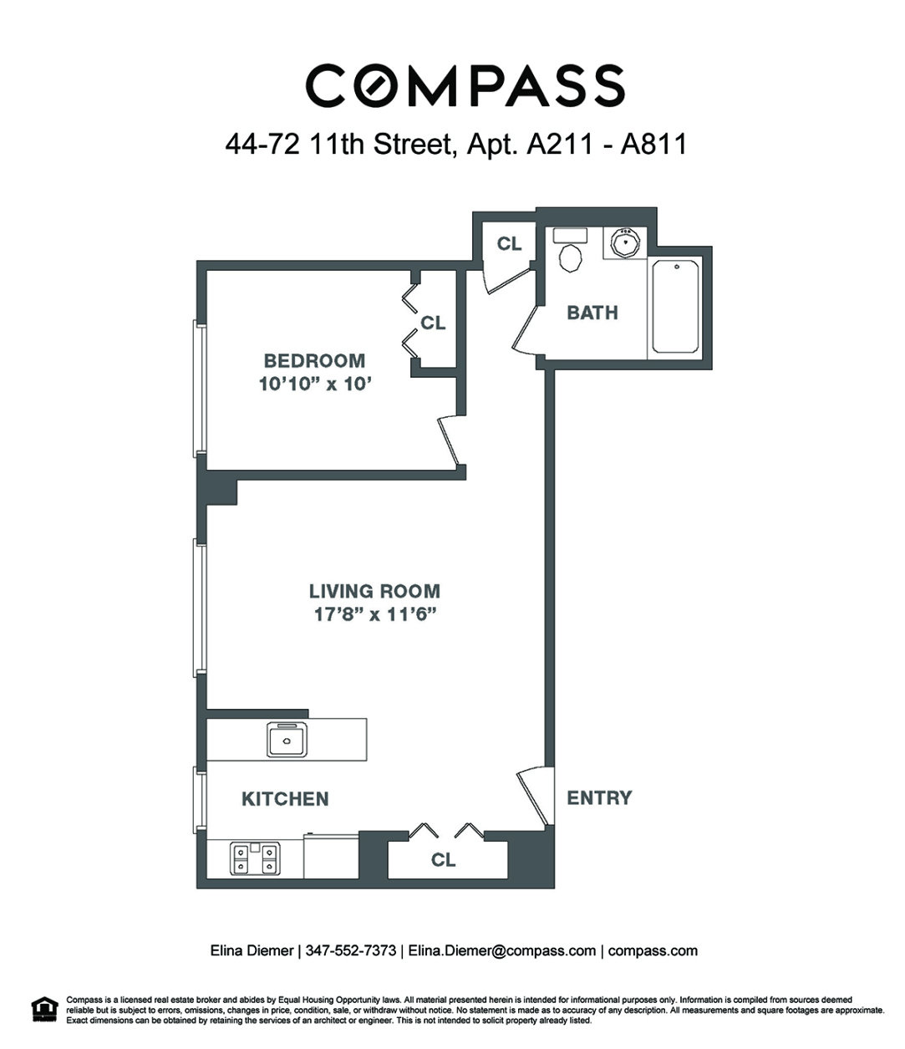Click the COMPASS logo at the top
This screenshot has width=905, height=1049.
[x=465, y=86]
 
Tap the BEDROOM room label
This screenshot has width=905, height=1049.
[x=314, y=361]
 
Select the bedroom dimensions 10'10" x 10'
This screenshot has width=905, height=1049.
[x=314, y=385]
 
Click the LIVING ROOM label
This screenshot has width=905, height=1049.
[x=374, y=591]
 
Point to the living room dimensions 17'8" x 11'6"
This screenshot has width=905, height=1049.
[x=374, y=615]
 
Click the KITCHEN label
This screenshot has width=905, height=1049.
[x=285, y=799]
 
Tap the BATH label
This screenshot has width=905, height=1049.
[x=592, y=313]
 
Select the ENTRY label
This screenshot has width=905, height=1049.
[x=599, y=797]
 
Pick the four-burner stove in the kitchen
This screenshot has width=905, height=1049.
[x=254, y=859]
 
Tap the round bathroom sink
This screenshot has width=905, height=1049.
[x=624, y=243]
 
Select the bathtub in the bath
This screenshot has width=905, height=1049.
[x=675, y=307]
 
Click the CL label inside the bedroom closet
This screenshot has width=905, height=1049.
[x=433, y=323]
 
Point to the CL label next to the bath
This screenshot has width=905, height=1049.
[x=509, y=243]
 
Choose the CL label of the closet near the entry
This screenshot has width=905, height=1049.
[x=443, y=859]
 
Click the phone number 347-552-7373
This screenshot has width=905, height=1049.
[x=351, y=950]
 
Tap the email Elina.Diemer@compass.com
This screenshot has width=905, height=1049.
[x=501, y=950]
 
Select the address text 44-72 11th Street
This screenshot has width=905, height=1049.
[x=338, y=145]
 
